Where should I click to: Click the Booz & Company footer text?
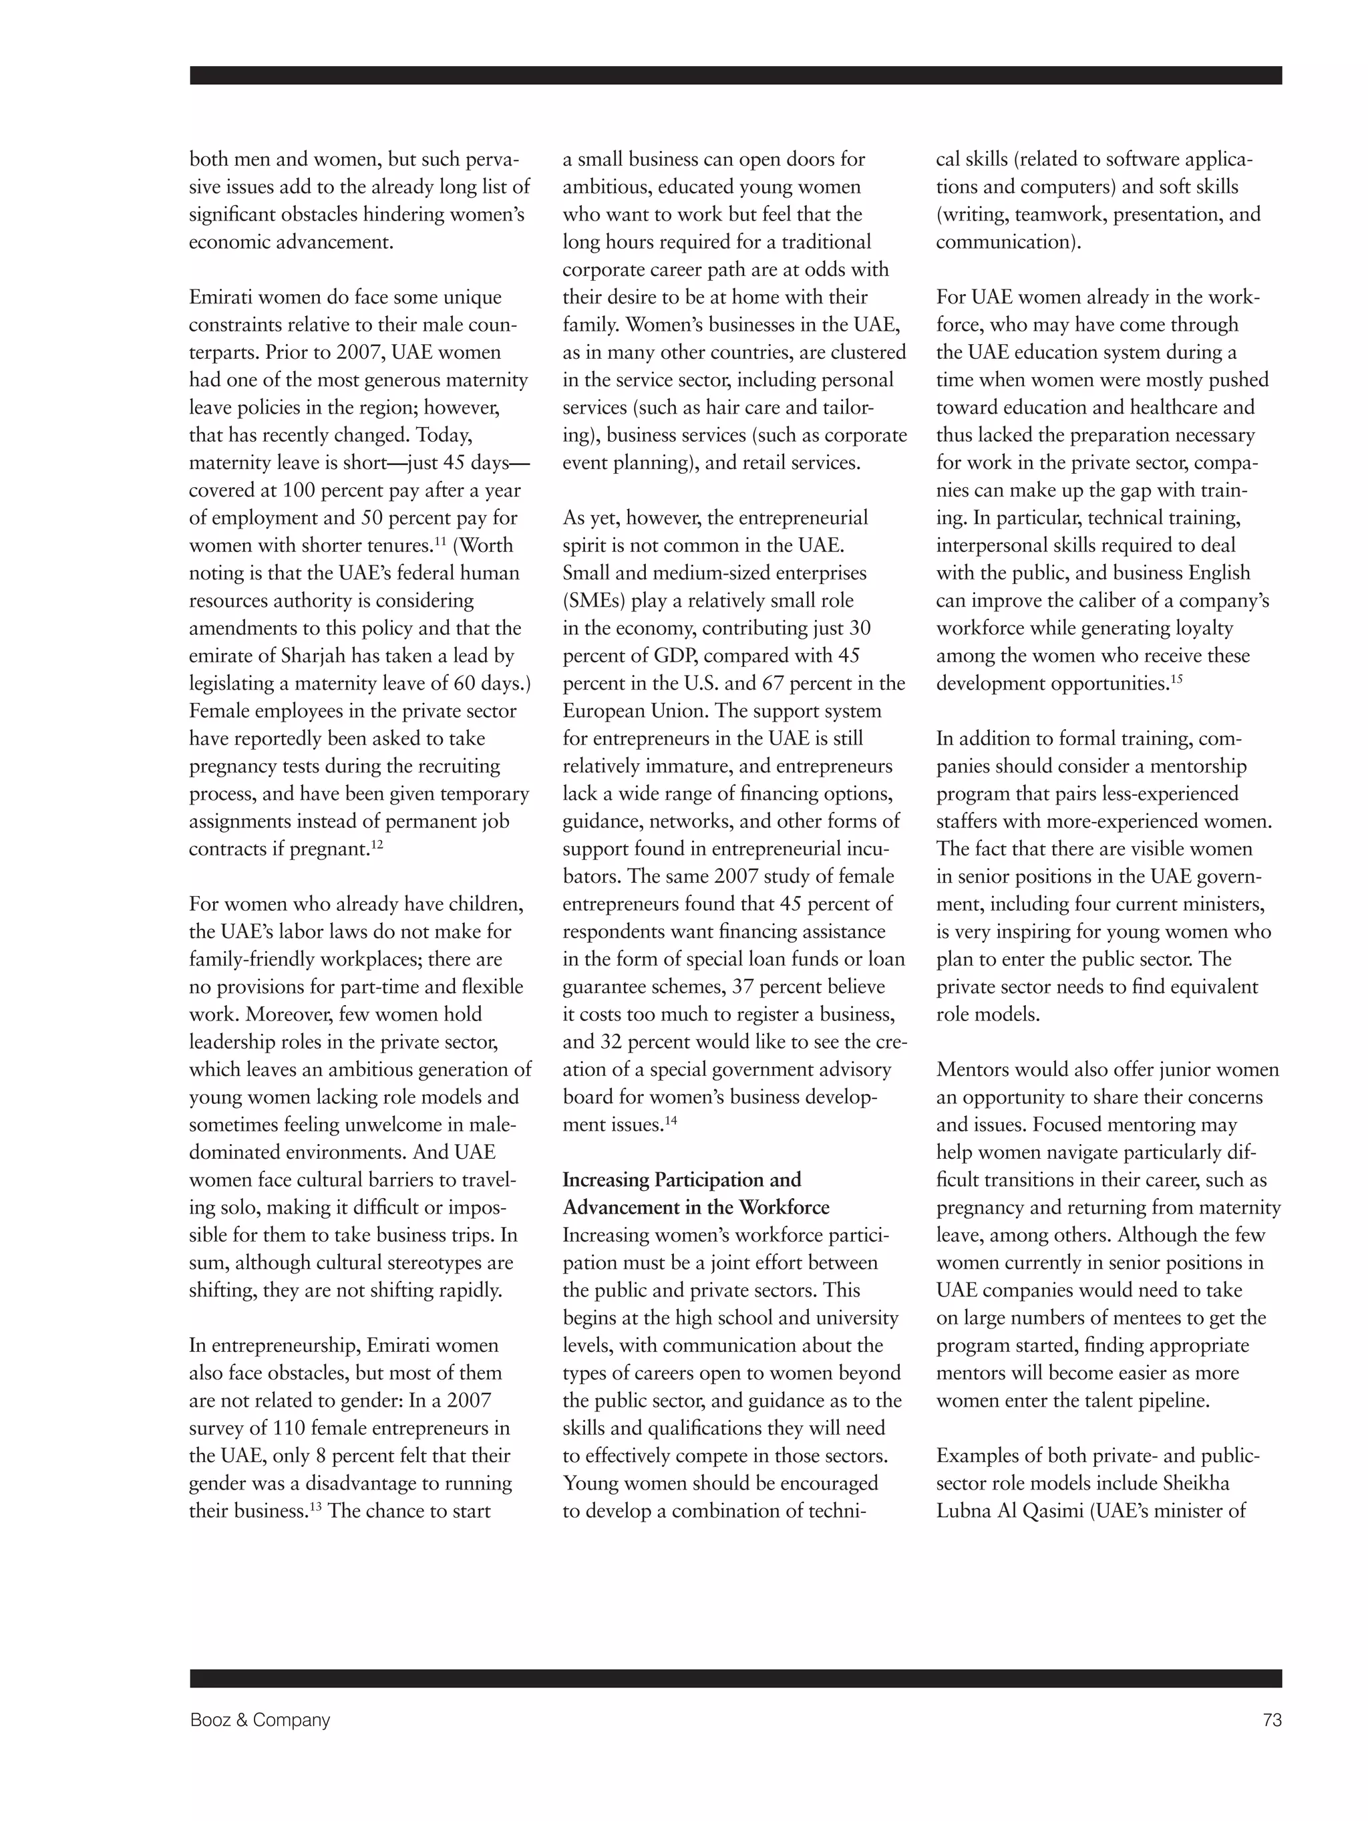[x=259, y=1719]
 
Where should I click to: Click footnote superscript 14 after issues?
[x=670, y=1119]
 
